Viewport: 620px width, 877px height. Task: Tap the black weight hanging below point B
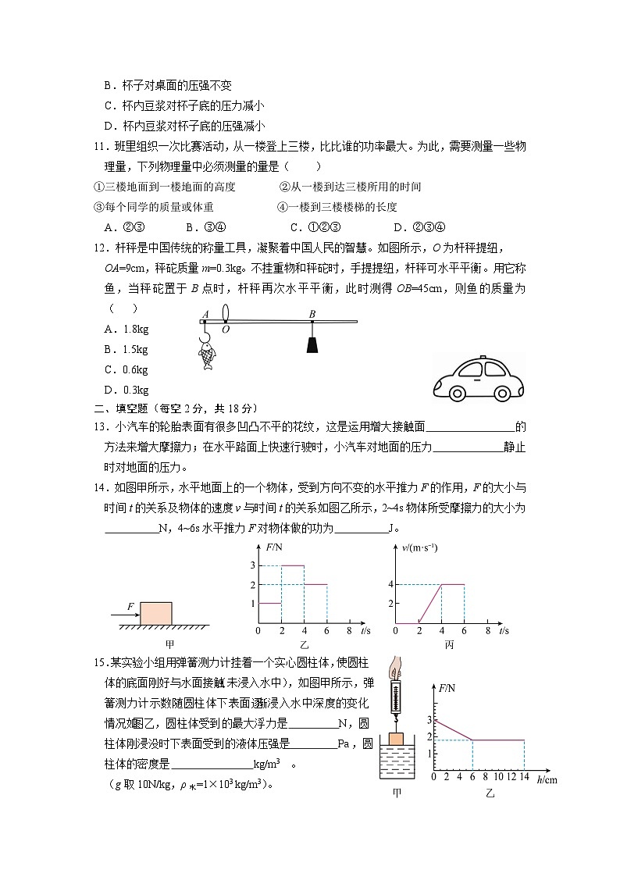point(312,344)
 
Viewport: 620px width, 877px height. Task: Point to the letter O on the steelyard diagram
point(225,330)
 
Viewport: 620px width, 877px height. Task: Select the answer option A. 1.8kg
point(126,329)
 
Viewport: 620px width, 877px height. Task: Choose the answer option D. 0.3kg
point(126,390)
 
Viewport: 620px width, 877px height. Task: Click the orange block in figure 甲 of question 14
point(155,612)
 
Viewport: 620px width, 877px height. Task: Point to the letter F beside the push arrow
point(130,604)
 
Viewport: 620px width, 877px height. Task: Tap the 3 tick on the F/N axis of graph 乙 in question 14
point(252,565)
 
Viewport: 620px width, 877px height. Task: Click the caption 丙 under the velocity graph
point(448,645)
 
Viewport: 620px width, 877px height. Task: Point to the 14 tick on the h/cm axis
point(523,779)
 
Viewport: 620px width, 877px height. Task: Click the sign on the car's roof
point(481,358)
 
